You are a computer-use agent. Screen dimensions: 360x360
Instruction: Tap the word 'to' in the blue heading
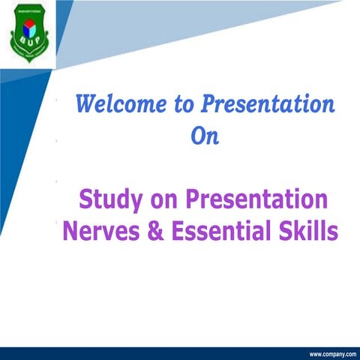184,103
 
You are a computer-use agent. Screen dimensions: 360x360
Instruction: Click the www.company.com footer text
331,353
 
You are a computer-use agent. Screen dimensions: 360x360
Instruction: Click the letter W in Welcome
88,103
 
